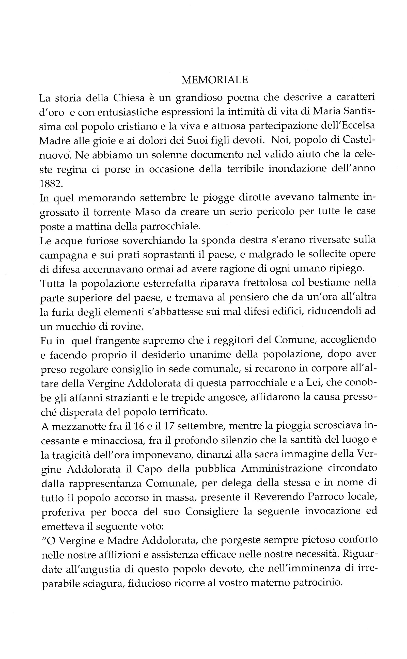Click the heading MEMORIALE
[x=214, y=80]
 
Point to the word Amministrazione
[x=282, y=468]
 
